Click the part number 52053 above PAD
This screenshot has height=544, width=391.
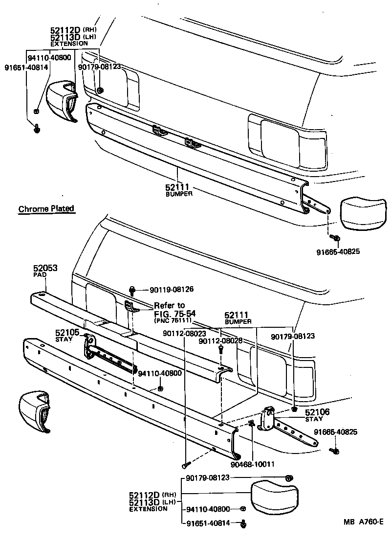[45, 268]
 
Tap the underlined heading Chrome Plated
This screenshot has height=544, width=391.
[46, 209]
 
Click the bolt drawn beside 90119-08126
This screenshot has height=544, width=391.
[132, 290]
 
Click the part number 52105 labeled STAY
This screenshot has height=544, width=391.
[66, 333]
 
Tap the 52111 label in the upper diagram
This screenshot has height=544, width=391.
[177, 187]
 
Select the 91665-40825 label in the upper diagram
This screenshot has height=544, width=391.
[338, 252]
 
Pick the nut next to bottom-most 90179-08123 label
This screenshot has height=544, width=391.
[288, 477]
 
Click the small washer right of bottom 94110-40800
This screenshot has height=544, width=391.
[243, 509]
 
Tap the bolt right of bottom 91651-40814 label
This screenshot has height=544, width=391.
[243, 524]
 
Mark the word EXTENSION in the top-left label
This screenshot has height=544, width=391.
[69, 44]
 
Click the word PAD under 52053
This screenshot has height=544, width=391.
[39, 275]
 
